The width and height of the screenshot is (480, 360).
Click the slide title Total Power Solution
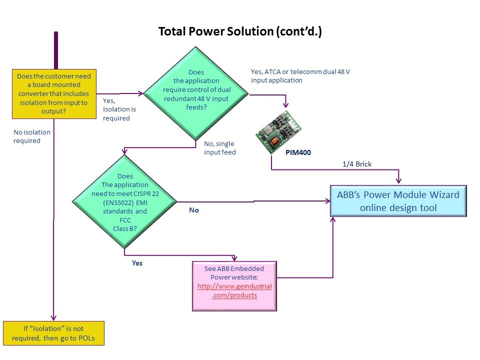tap(239, 31)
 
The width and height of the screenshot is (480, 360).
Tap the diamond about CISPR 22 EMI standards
tap(124, 202)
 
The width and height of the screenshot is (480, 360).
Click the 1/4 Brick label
tap(357, 164)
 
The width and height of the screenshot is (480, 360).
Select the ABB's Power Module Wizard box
tap(398, 201)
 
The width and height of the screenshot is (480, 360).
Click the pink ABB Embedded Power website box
tap(234, 286)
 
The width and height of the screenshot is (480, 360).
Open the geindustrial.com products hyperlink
tap(234, 290)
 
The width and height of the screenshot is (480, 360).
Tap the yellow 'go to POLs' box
tap(53, 333)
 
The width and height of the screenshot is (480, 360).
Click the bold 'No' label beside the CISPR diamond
tap(193, 210)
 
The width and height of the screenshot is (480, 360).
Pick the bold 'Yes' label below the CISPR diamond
tap(137, 262)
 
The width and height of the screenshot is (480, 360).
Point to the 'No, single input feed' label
tap(219, 148)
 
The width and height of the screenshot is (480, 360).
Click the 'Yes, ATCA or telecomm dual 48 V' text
tap(300, 76)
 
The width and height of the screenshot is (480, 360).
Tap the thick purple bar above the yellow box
tap(56, 50)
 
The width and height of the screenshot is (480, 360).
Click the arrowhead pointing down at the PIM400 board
tap(286, 105)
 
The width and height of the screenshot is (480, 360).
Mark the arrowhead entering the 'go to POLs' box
tap(52, 318)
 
